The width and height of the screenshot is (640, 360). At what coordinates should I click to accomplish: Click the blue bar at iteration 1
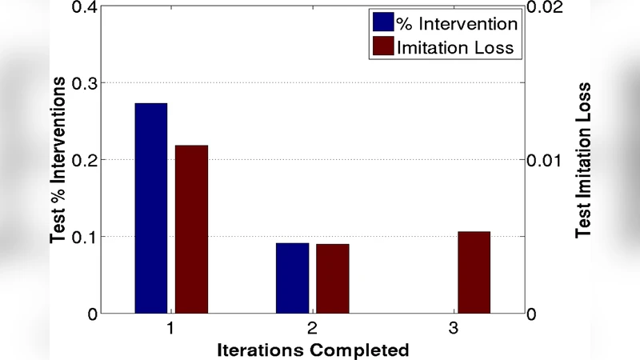[150, 208]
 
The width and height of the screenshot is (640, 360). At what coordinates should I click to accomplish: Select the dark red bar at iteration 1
[191, 229]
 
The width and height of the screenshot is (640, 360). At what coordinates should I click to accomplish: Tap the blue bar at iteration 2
[292, 278]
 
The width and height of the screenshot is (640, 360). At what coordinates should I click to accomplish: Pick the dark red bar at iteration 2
[332, 278]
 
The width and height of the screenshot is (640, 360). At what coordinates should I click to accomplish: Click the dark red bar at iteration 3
[474, 272]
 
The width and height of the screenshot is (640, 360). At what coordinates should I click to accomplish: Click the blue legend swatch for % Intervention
[383, 22]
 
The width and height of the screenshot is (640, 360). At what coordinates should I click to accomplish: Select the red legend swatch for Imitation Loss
[383, 47]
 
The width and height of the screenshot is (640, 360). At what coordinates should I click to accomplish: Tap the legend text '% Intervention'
[458, 23]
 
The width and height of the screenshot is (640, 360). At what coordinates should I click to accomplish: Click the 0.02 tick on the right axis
[547, 7]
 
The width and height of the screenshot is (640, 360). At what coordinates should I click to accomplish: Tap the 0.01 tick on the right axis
[547, 160]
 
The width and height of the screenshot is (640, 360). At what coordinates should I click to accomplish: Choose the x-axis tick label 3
[453, 329]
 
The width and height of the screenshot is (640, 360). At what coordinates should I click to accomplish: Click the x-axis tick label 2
[312, 329]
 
